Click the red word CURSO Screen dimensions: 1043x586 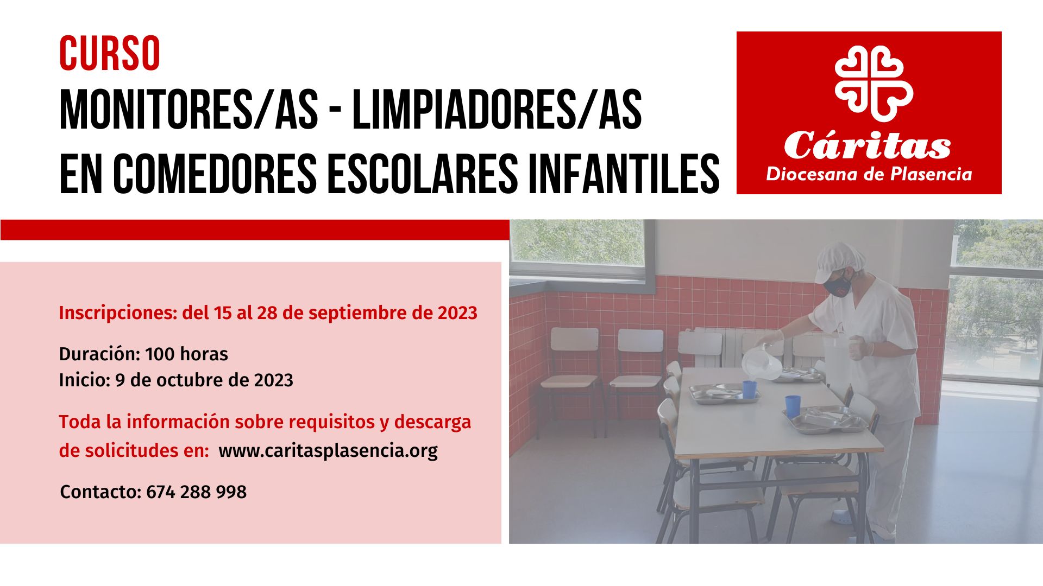(110, 53)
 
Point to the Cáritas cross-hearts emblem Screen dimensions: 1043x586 (874, 84)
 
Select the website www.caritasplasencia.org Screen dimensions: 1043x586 (328, 451)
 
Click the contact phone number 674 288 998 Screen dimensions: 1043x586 (196, 492)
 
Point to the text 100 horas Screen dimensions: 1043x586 (186, 354)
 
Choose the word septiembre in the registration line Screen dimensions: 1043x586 (355, 314)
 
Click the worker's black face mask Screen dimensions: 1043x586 (838, 284)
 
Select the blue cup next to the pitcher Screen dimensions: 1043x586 (750, 390)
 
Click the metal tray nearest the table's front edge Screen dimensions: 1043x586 (826, 419)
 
